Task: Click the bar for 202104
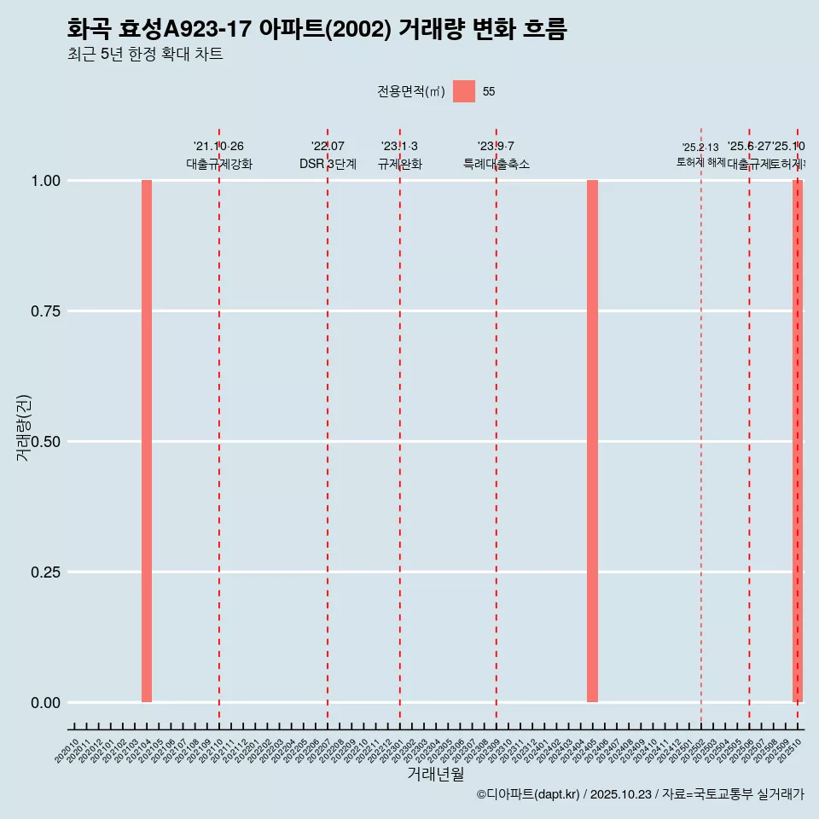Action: coord(147,441)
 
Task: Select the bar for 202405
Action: coord(592,441)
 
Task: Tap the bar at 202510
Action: coord(798,441)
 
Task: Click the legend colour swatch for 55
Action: coord(464,91)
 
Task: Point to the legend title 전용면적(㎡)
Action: coord(411,91)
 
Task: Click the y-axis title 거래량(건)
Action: coord(23,427)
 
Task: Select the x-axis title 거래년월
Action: coord(436,774)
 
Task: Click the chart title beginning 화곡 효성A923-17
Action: coord(317,29)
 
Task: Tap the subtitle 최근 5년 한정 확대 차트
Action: coord(145,55)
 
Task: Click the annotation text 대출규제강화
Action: coord(219,164)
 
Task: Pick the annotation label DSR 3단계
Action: coord(328,164)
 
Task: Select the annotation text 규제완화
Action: coord(400,164)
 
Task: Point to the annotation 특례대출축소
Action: coord(497,164)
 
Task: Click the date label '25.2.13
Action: coord(700,148)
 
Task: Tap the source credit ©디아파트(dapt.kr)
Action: coord(528,795)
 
